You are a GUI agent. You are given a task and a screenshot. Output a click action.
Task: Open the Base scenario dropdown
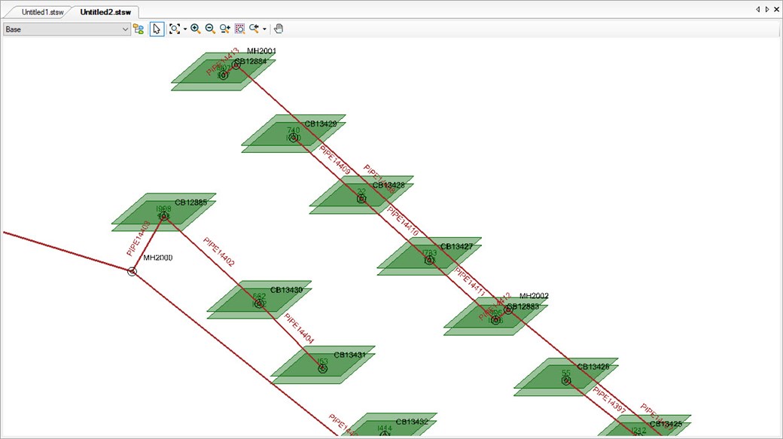click(67, 29)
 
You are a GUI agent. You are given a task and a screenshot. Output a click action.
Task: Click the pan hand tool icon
click(279, 29)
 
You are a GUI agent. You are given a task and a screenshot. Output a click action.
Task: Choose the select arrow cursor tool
click(157, 29)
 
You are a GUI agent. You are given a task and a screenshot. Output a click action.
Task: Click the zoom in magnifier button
click(195, 29)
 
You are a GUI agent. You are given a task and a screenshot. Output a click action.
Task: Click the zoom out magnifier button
click(210, 29)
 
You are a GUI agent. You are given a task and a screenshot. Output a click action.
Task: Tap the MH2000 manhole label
click(158, 258)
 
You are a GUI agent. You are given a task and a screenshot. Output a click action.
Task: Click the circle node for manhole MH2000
click(133, 271)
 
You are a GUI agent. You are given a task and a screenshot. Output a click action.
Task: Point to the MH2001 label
click(262, 51)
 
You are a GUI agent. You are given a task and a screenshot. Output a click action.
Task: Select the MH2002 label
click(535, 296)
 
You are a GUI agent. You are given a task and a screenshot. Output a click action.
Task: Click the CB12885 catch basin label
click(190, 203)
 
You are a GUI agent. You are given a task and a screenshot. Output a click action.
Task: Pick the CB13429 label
click(321, 124)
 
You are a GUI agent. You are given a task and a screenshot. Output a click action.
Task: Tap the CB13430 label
click(286, 290)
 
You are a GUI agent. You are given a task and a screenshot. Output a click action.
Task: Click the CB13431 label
click(350, 355)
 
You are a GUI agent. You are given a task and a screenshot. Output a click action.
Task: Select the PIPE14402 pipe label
click(219, 252)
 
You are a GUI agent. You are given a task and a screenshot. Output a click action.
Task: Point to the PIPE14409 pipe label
click(335, 160)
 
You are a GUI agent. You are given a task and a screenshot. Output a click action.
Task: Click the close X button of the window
click(776, 10)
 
